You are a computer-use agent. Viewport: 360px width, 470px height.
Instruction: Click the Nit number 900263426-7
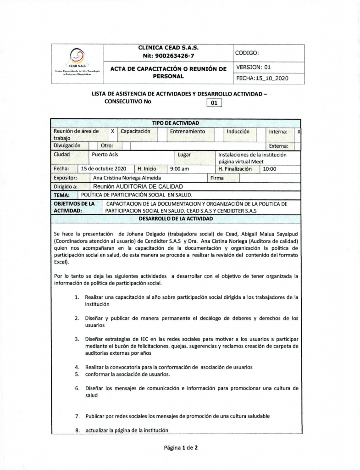168,55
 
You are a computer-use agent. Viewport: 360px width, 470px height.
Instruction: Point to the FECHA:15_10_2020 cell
262,78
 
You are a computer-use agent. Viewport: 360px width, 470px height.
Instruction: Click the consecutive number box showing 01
214,103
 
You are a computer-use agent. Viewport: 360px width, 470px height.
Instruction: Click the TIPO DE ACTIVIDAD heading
176,123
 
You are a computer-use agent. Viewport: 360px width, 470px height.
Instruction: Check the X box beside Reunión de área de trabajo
112,131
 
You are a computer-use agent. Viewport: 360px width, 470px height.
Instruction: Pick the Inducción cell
238,131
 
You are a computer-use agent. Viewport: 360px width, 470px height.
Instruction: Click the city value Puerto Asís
105,155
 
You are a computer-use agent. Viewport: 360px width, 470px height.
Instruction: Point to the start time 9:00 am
179,168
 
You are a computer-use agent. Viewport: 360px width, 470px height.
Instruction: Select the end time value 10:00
269,168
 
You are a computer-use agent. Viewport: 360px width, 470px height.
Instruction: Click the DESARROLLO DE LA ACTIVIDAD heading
176,218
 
